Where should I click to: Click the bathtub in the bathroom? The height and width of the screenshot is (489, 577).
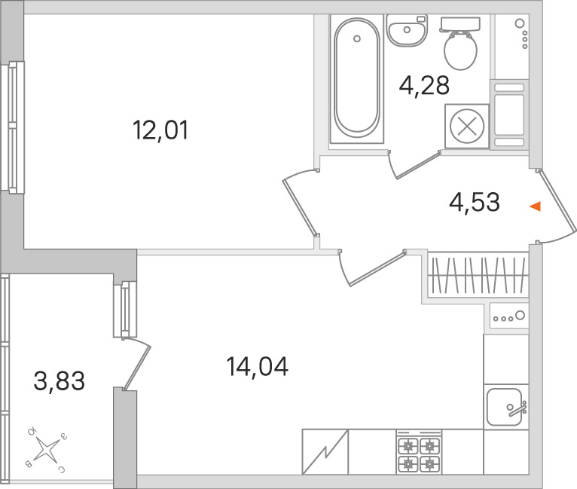357,78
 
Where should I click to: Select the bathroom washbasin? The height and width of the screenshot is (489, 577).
407,30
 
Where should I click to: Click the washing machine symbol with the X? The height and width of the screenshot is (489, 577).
467,126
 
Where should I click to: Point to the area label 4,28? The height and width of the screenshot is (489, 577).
424,86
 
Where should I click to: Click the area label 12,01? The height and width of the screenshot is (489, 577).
160,130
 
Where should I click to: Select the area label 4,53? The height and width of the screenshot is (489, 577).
475,202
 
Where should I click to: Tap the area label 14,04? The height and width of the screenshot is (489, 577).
257,366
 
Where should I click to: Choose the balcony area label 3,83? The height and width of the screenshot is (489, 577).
60,381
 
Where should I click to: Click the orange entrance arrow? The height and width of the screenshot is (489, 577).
536,206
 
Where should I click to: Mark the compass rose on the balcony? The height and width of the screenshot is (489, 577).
46,450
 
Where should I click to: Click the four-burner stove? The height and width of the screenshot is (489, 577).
419,452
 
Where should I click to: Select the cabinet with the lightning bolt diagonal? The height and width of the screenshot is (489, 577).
325,452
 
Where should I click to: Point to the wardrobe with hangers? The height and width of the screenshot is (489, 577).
478,275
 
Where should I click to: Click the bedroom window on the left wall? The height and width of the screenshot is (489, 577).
13,127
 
